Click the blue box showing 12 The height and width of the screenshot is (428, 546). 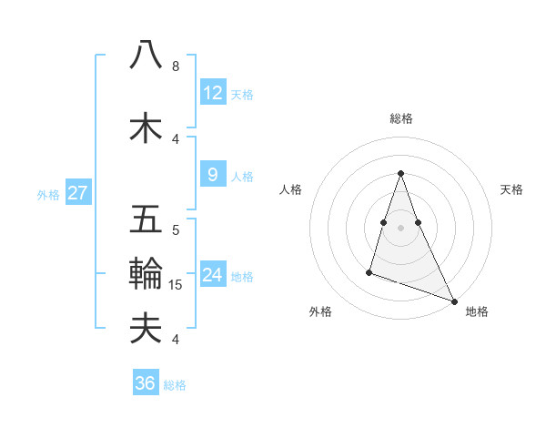click(213, 93)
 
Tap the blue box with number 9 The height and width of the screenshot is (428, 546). click(213, 175)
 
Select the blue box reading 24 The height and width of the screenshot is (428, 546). click(213, 275)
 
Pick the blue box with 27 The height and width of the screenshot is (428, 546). click(77, 193)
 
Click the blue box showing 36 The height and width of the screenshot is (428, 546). click(146, 383)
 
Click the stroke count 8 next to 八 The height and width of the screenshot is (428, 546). click(176, 66)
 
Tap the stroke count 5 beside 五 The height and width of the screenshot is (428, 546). click(176, 230)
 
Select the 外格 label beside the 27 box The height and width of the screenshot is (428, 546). click(48, 194)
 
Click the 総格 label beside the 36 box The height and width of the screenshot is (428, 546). click(175, 385)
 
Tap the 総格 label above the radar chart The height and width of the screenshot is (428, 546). click(401, 118)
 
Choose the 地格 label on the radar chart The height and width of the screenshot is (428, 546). click(477, 311)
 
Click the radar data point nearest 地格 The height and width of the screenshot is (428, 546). click(454, 301)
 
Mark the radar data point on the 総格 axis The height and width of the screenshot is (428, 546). click(401, 173)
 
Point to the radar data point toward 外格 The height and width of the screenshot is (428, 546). click(369, 271)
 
